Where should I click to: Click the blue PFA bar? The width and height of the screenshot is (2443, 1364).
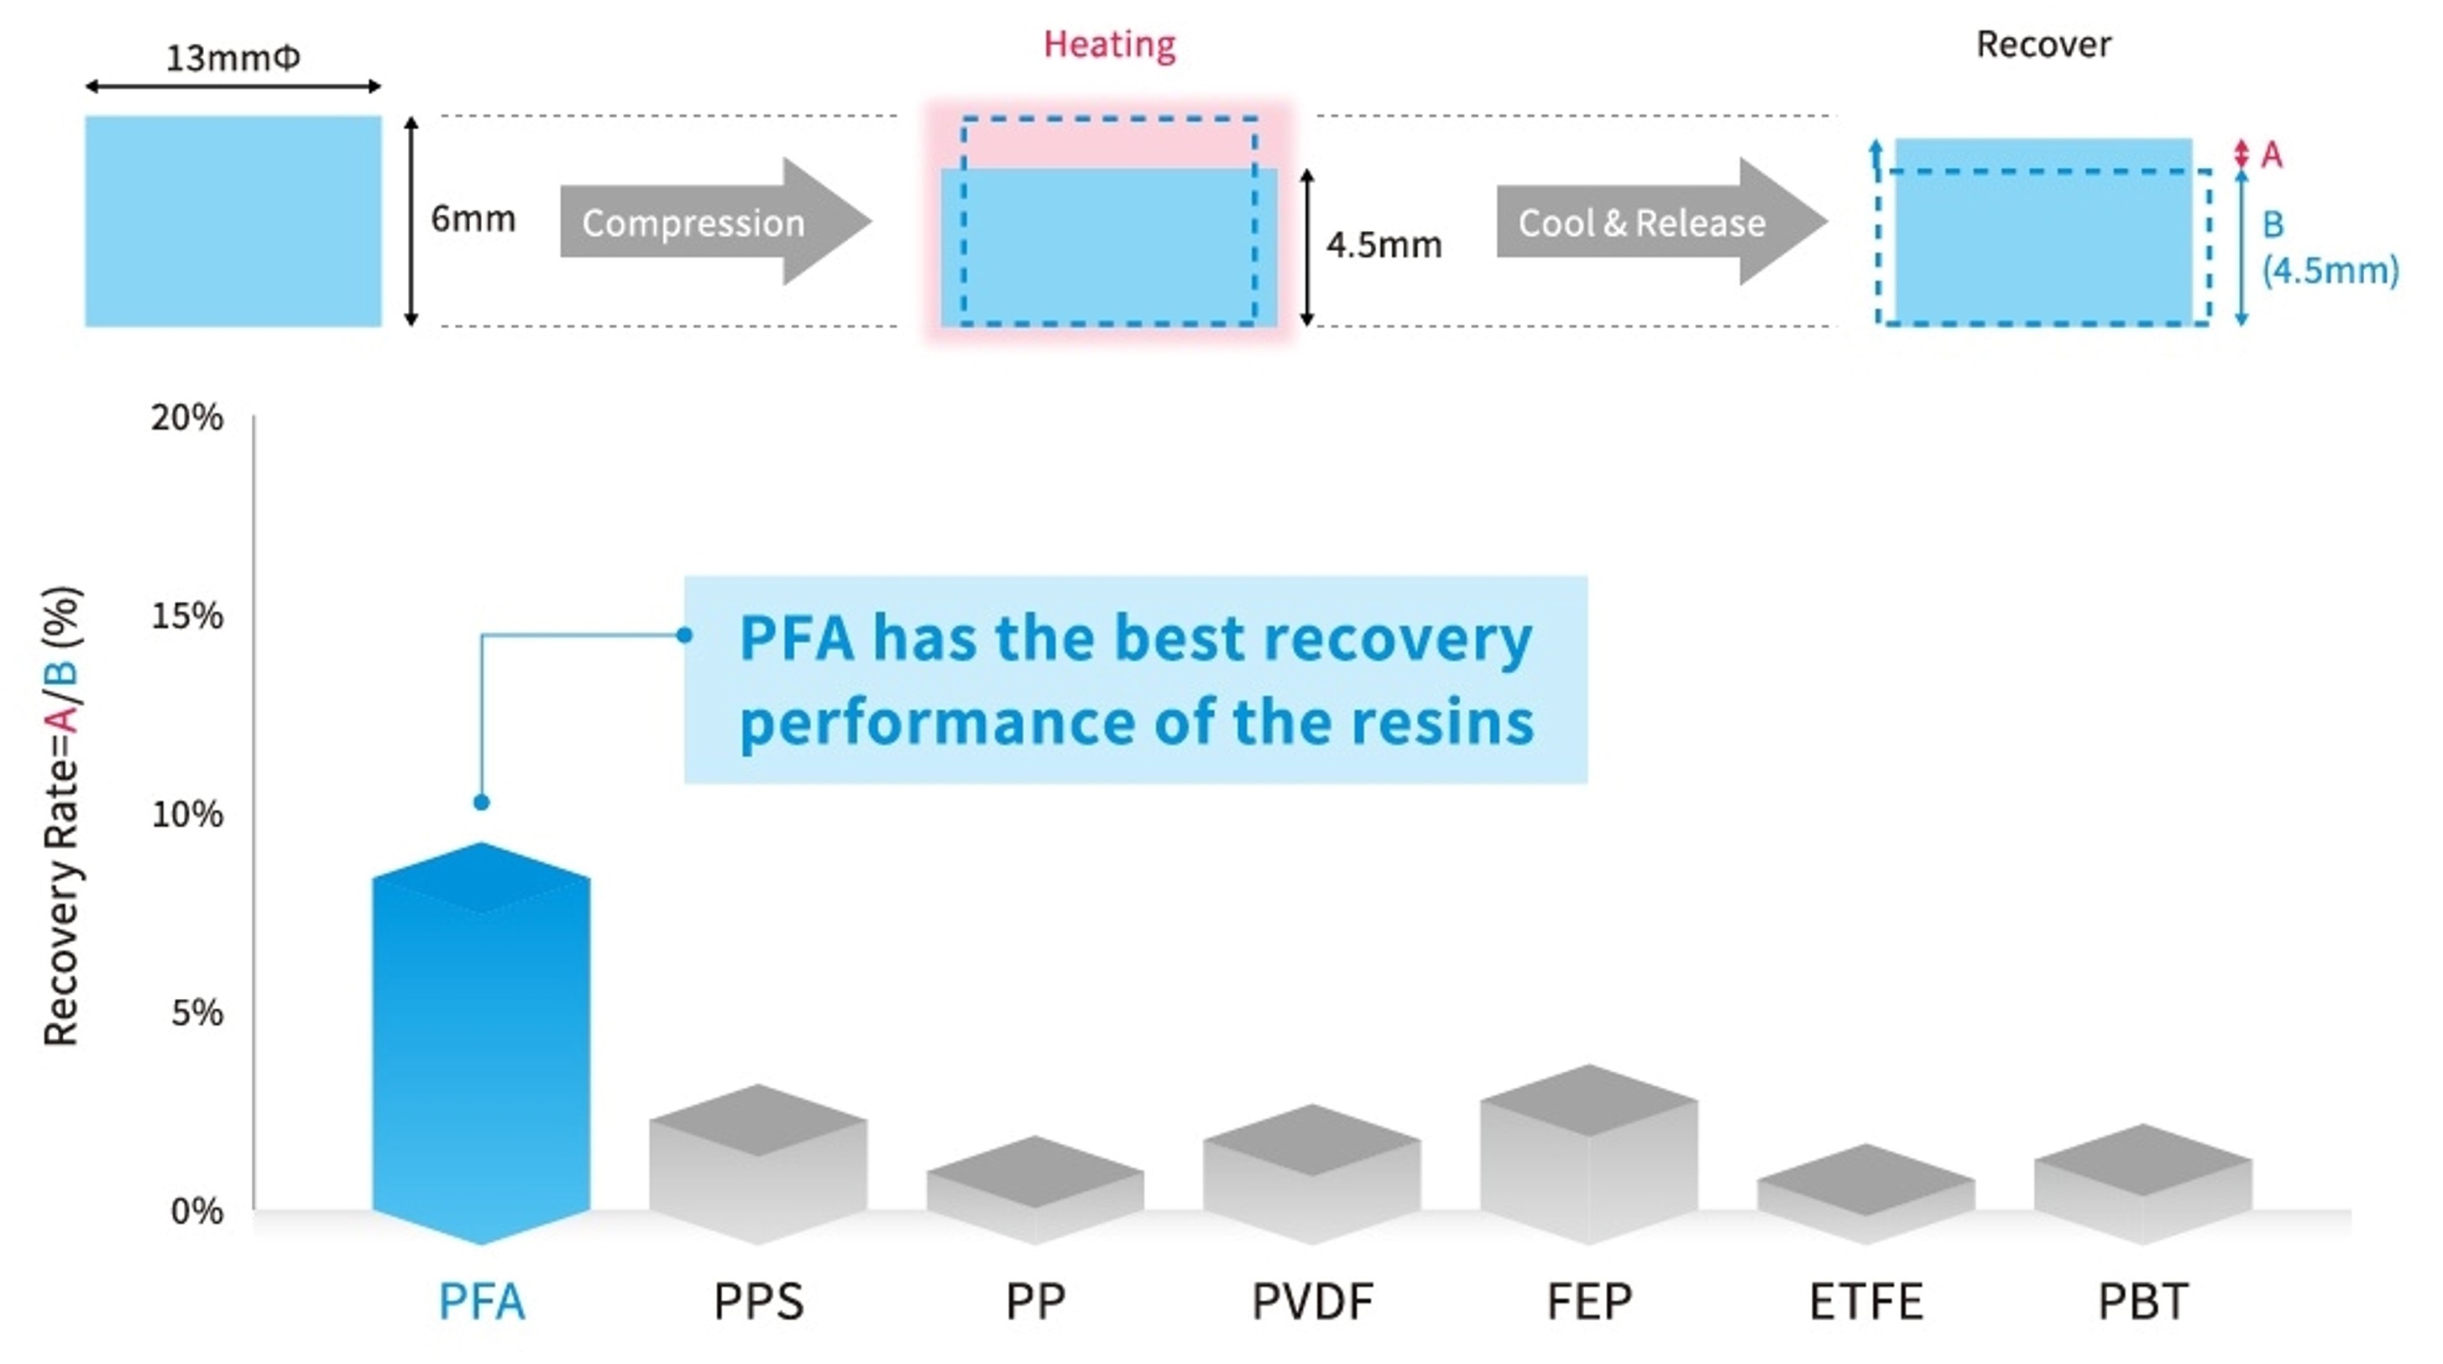coord(481,1043)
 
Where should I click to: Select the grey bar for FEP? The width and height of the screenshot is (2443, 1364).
coord(1588,1158)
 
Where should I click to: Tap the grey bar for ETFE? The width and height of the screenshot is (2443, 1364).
coord(1865,1195)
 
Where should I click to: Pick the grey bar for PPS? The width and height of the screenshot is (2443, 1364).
coord(758,1167)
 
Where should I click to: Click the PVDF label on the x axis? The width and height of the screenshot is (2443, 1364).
coord(1311,1301)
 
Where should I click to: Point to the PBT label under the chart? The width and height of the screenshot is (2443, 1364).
coord(2142,1301)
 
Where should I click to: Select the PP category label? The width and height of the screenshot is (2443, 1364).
coord(1034,1301)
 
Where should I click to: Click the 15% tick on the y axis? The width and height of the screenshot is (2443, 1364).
coord(187,617)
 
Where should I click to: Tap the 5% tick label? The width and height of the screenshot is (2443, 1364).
coord(196,1013)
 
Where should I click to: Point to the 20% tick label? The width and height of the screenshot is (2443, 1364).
coord(187,417)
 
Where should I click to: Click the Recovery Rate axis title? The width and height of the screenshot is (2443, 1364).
coord(63,816)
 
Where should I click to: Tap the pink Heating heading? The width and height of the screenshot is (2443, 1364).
coord(1109,44)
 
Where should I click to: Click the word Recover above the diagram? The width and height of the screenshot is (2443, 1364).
coord(2043,44)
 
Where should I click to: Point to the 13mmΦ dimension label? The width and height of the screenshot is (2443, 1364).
coord(233,59)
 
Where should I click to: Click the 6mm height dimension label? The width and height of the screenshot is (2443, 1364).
coord(473,219)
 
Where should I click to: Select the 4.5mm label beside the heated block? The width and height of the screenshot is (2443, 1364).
coord(1383,246)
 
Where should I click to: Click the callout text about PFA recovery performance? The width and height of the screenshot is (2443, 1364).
coord(1135,679)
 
